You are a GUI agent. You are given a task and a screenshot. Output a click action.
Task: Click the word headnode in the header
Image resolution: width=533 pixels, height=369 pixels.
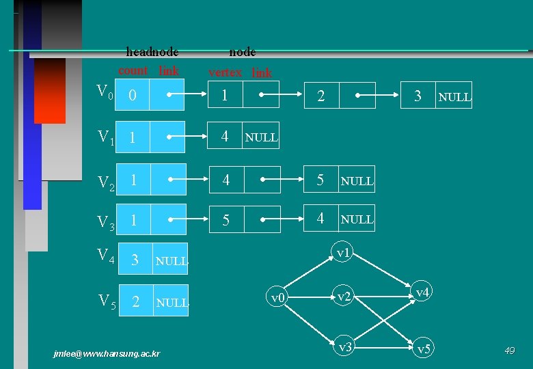coord(152,52)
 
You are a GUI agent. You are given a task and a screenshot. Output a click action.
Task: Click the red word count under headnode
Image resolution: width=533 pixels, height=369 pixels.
coord(133,70)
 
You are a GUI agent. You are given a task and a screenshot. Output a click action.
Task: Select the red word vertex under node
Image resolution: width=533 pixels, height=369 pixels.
coord(225,72)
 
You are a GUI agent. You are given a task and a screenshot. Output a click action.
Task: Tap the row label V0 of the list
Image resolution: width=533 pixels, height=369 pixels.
coord(104,92)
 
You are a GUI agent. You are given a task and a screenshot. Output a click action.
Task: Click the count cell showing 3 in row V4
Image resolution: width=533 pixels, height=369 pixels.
coord(135,260)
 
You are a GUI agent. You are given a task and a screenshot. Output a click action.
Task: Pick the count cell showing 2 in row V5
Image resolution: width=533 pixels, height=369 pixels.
coord(135,301)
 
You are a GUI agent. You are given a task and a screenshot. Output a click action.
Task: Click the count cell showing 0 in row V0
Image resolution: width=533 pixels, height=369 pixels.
coord(133,96)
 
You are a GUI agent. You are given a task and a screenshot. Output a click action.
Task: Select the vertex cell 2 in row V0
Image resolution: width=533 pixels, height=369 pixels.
coord(321,96)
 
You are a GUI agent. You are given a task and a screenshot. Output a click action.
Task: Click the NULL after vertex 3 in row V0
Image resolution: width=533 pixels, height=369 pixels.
coord(454,97)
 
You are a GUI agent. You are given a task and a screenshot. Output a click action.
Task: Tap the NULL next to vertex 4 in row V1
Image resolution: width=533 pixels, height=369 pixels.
coord(261,137)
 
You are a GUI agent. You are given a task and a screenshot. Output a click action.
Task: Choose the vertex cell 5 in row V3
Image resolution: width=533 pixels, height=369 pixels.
coord(225,220)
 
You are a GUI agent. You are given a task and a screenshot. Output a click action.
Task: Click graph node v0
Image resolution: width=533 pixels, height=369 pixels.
coord(277,298)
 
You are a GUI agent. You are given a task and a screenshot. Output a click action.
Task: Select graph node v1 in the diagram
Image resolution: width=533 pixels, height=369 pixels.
coord(342,253)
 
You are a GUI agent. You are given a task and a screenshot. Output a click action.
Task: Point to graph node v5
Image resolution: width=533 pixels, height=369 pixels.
coord(424,349)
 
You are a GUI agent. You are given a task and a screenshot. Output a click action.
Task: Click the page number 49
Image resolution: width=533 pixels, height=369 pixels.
coord(509,351)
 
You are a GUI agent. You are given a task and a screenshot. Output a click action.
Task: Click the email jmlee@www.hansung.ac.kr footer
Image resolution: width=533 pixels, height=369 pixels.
coord(107,353)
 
